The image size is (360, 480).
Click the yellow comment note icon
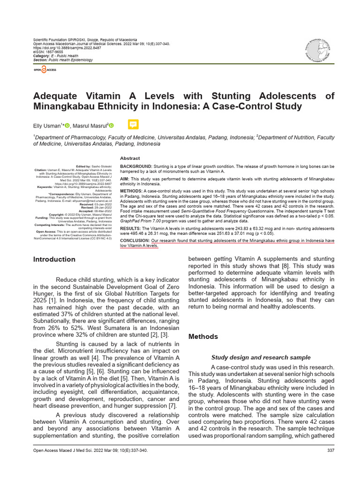click(133, 124)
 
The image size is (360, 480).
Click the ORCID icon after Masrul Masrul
click(112, 125)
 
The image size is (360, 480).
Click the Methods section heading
click(203, 337)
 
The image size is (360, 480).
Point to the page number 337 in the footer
click(330, 450)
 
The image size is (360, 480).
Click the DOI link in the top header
click(63, 47)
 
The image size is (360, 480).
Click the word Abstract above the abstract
click(130, 158)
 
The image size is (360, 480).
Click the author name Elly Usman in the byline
click(47, 126)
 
